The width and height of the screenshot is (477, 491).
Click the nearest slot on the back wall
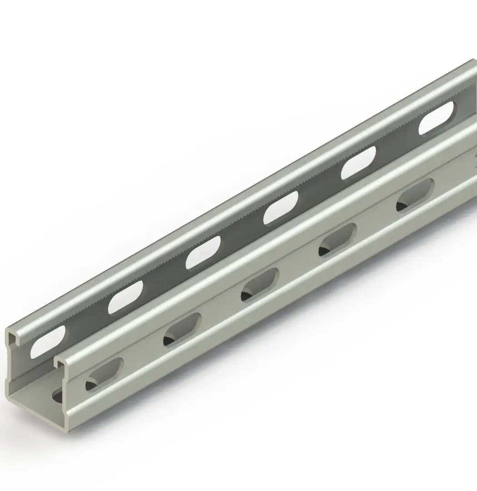click(48, 341)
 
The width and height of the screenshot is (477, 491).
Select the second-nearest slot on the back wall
click(125, 297)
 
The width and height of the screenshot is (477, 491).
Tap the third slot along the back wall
click(203, 252)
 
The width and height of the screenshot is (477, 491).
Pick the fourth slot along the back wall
click(281, 207)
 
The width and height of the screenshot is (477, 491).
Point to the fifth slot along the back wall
click(358, 162)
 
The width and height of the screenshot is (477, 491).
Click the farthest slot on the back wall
click(436, 118)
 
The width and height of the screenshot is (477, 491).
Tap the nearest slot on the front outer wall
click(105, 374)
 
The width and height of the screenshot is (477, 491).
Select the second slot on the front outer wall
click(182, 330)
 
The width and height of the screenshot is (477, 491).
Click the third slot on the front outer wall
click(260, 285)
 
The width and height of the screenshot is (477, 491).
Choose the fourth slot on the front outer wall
click(337, 240)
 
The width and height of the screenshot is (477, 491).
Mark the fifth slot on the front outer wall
click(415, 195)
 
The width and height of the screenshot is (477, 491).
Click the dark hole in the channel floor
click(57, 395)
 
